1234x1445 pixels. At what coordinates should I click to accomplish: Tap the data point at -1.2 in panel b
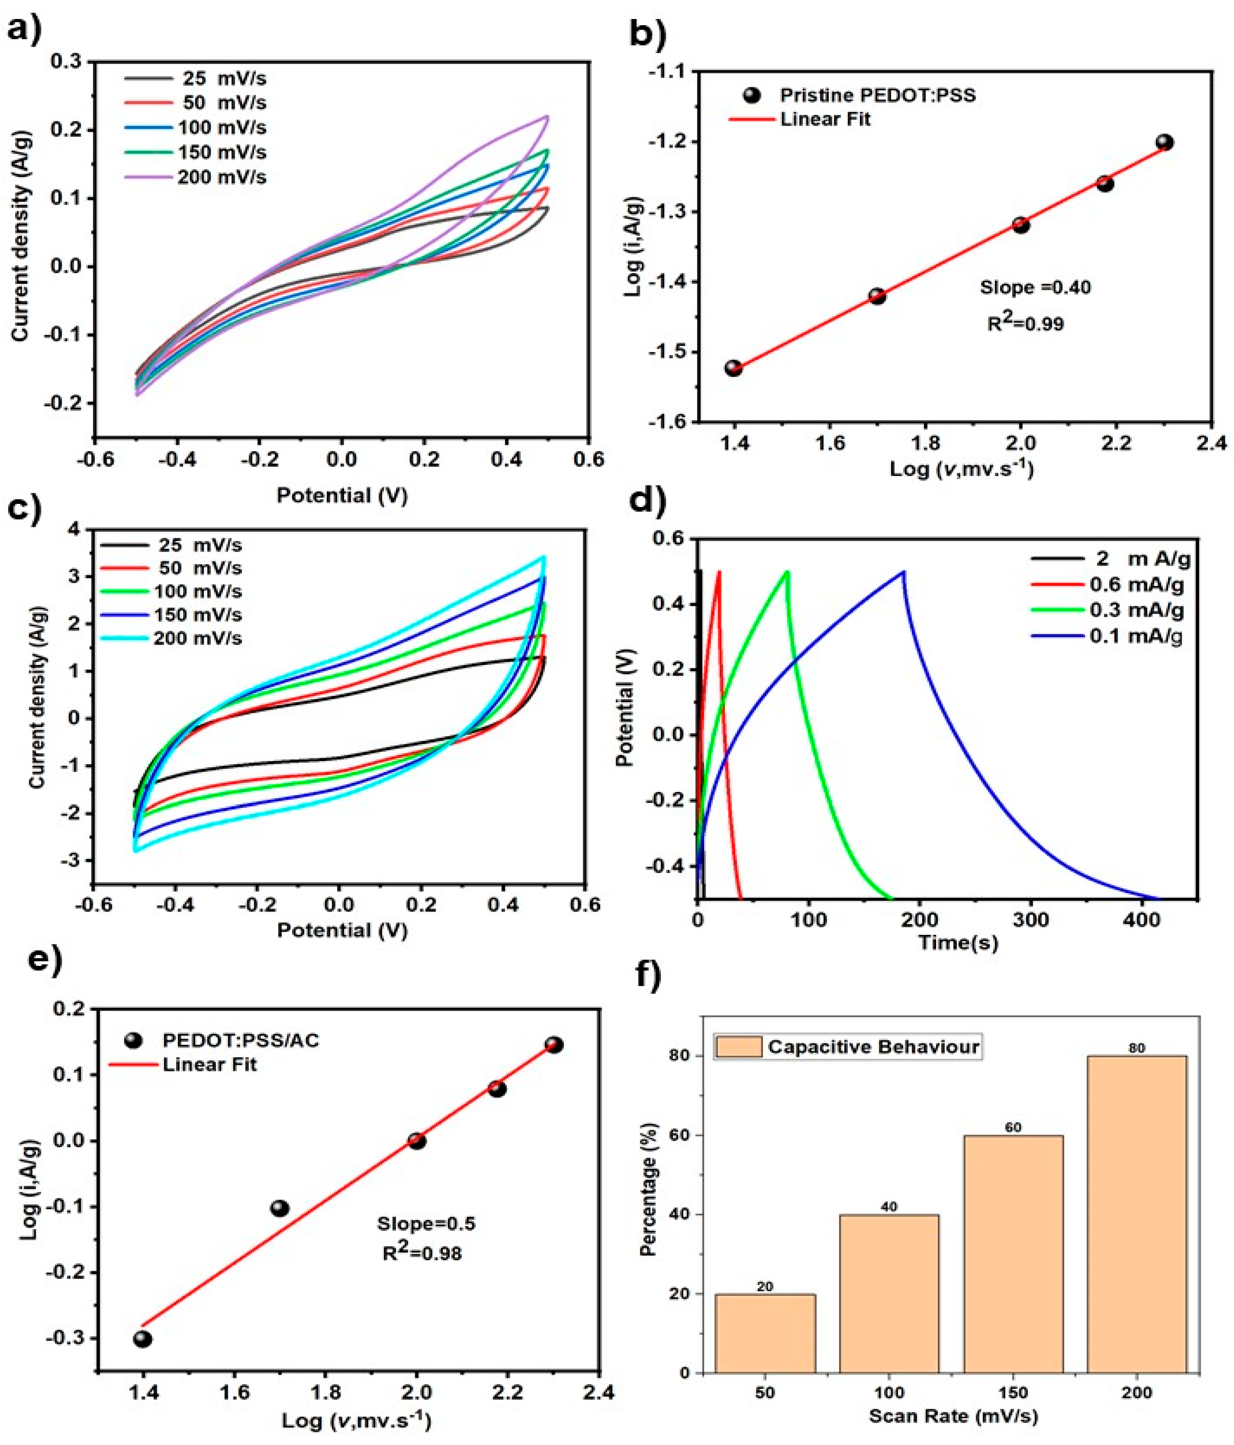[1164, 142]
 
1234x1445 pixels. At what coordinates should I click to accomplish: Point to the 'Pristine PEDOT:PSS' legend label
[877, 96]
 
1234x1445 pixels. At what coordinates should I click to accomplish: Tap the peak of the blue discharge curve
[904, 572]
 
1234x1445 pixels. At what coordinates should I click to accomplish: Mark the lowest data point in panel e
[143, 1339]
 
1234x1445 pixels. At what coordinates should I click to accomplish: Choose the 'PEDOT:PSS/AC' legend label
[240, 1041]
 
